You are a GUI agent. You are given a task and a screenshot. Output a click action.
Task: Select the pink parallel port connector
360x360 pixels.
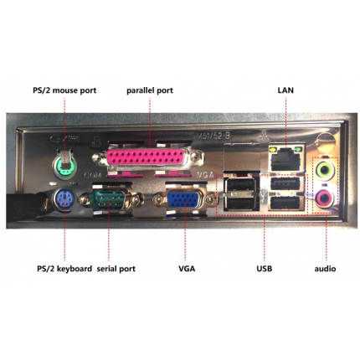tap(145, 158)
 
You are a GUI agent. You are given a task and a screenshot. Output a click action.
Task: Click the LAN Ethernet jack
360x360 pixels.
tap(285, 158)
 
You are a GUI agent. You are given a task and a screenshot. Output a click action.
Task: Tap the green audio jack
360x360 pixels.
tap(324, 169)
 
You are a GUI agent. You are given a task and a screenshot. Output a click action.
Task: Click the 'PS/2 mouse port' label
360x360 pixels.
tap(64, 90)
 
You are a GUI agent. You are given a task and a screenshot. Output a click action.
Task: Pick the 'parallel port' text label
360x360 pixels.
tap(150, 90)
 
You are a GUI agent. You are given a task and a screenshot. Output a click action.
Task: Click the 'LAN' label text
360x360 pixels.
tap(285, 90)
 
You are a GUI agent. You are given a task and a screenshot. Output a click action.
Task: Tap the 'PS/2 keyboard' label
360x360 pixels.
tap(64, 269)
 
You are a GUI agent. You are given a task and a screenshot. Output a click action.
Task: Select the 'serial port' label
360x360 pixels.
tap(116, 269)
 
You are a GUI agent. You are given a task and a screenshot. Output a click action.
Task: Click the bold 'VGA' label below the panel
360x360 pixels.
tap(187, 269)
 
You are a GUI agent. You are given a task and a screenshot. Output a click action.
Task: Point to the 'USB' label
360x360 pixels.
tap(265, 269)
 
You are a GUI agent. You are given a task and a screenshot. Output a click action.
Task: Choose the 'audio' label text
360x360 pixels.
tap(325, 269)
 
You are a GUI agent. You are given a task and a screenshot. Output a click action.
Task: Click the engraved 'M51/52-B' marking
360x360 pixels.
tap(213, 136)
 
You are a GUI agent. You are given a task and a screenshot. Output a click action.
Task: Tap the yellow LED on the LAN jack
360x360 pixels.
tap(273, 150)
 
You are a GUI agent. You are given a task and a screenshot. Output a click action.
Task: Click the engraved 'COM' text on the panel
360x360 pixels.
tap(92, 175)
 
